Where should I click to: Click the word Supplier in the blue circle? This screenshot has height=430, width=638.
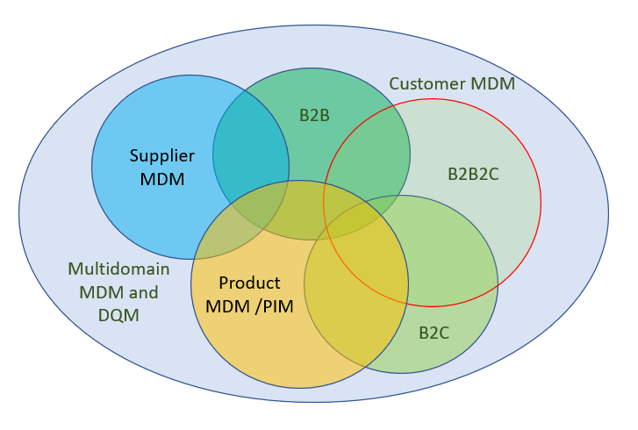[161, 156]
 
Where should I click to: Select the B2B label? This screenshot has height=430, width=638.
[314, 115]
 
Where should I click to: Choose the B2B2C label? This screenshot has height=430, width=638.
[473, 174]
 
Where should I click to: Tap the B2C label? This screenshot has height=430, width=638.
[434, 333]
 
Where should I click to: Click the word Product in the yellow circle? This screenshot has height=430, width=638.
[249, 283]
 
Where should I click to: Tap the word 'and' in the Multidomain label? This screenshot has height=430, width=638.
[144, 290]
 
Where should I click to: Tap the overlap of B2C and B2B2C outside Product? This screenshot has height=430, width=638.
[448, 254]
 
